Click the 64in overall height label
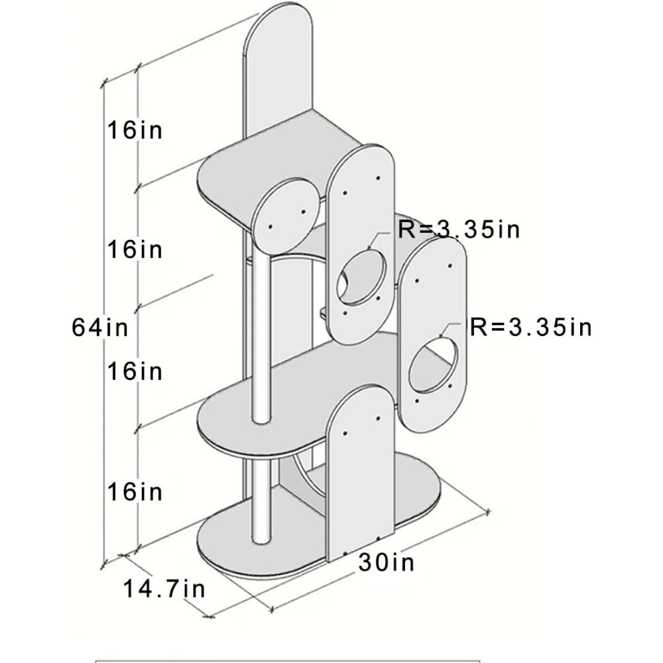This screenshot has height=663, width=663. point(100,328)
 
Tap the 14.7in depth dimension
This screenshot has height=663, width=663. point(164,589)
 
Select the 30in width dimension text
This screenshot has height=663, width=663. point(387,562)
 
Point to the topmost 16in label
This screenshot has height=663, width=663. point(135,129)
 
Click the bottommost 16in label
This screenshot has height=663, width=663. point(135,492)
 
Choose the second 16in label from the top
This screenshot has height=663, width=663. point(135,249)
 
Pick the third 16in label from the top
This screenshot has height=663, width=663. point(135,371)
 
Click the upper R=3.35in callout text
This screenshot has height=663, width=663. point(459,229)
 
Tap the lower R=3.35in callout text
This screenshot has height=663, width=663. point(531,328)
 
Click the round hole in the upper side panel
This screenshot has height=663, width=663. point(361,278)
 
